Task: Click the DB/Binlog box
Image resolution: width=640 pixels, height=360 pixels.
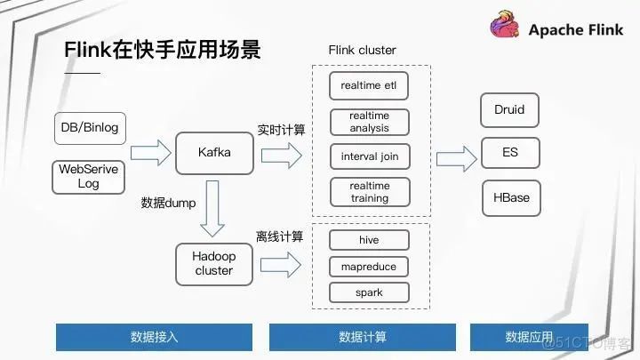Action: [x=90, y=128]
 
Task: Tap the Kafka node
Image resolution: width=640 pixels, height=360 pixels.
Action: [x=214, y=153]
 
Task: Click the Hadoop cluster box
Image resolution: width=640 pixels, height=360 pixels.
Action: [x=213, y=263]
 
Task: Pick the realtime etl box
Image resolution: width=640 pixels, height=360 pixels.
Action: [x=369, y=86]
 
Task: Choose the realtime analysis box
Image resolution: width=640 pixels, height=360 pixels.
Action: [x=369, y=122]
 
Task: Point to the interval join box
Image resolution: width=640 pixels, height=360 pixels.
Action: [x=369, y=157]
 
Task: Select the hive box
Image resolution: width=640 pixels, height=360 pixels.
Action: [x=369, y=239]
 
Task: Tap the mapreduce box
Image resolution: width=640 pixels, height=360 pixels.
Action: [x=369, y=267]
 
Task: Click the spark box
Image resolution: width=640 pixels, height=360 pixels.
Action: [x=369, y=292]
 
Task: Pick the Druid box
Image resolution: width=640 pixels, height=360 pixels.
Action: [x=509, y=110]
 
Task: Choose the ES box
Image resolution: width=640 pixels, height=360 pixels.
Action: [x=509, y=153]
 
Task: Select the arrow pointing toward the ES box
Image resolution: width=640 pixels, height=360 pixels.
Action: [x=456, y=158]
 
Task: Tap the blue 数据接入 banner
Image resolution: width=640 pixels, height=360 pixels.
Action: [x=154, y=337]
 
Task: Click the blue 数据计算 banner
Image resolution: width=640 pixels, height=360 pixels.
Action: [x=362, y=337]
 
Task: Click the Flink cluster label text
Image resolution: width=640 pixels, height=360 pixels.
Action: [x=362, y=50]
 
